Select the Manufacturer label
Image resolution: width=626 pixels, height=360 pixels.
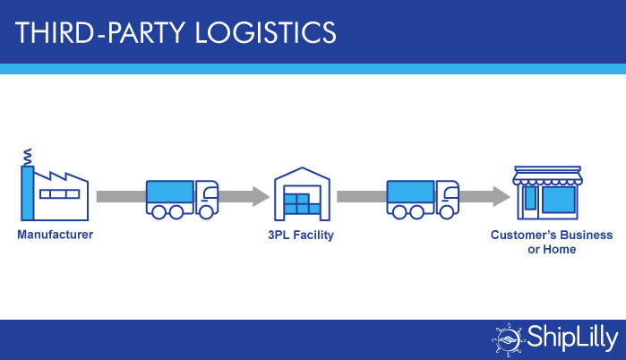(55, 236)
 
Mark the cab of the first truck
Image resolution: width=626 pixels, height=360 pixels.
(207, 197)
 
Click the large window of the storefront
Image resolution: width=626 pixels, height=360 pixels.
(558, 198)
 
